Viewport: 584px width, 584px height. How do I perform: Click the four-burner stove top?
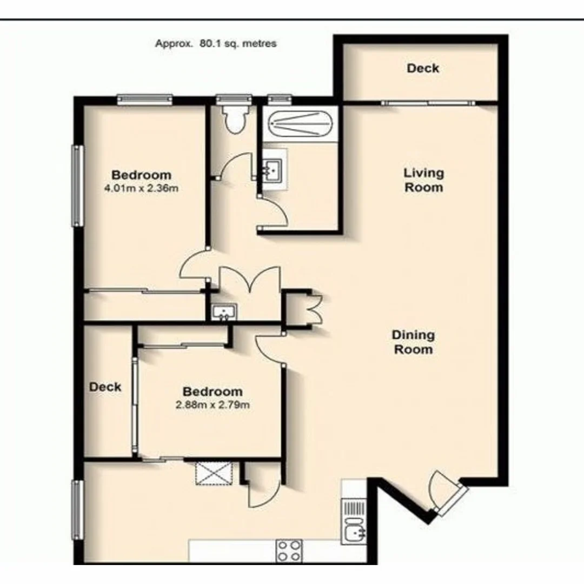[x=289, y=551]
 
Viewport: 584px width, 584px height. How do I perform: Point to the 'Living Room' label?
[x=423, y=180]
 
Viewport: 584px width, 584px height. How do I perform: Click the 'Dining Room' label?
[x=413, y=342]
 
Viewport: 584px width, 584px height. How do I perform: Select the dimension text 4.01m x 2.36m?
[x=141, y=189]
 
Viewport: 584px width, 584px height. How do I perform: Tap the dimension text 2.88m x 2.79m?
[x=212, y=405]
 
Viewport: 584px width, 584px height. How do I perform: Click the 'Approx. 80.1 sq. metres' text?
[x=216, y=44]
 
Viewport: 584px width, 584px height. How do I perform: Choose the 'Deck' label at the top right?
[x=423, y=68]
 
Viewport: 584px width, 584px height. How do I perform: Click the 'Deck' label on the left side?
[x=105, y=387]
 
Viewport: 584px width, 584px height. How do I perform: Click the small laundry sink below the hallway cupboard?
[x=224, y=312]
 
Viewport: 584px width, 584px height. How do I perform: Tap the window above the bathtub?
[x=280, y=99]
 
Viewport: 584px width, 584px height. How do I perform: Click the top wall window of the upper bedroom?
[x=144, y=99]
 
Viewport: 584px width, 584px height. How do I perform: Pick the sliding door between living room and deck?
[x=427, y=102]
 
